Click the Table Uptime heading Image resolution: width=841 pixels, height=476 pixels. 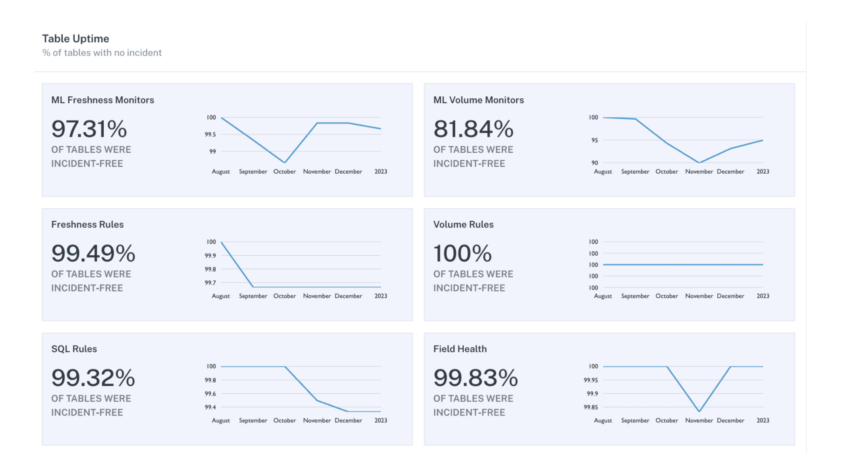click(75, 39)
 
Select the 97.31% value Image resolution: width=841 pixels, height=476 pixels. click(89, 129)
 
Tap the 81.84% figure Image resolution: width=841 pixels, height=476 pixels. click(473, 129)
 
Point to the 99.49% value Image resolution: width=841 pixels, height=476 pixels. click(93, 253)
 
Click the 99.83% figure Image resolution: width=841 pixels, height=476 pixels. click(475, 378)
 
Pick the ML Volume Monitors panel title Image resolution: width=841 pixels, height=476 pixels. click(478, 100)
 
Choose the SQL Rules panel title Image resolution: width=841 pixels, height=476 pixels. click(74, 349)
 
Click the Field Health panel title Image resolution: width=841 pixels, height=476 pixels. click(460, 349)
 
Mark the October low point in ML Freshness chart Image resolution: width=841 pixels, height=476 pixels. click(285, 162)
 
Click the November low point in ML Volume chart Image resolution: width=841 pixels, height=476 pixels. click(699, 163)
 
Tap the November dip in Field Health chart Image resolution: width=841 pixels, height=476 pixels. click(699, 411)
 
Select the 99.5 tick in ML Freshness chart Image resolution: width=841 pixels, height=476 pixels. click(210, 134)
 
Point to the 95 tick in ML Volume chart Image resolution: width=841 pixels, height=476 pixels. click(594, 140)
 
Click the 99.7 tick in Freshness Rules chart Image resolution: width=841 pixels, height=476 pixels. click(210, 283)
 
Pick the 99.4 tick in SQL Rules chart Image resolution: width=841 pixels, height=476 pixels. click(210, 407)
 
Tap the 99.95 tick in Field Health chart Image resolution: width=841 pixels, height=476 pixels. click(591, 380)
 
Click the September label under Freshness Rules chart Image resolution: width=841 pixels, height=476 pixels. click(253, 296)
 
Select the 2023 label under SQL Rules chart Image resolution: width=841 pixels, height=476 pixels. click(381, 420)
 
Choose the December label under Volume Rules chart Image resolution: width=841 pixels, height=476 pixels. click(730, 296)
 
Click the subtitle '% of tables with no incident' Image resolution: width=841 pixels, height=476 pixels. click(102, 53)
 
